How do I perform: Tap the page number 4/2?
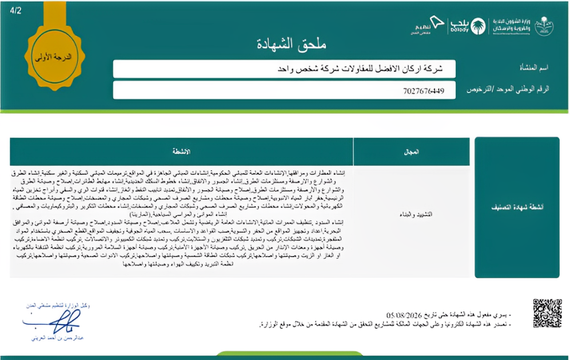[x=16, y=10]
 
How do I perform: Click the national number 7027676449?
[x=423, y=90]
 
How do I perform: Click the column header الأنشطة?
[x=181, y=152]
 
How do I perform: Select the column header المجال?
[x=411, y=152]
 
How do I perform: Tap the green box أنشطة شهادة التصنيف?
[x=517, y=207]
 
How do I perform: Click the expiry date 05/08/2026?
[x=405, y=315]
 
